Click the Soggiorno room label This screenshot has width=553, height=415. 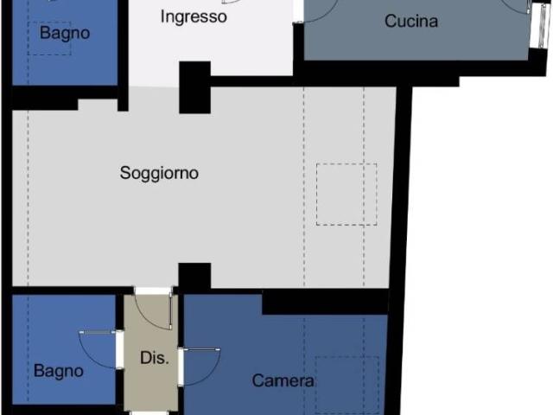pyautogui.click(x=159, y=173)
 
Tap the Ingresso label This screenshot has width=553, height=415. pyautogui.click(x=194, y=16)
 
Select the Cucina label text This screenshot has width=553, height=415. pyautogui.click(x=411, y=21)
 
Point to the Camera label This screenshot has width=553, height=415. pyautogui.click(x=283, y=380)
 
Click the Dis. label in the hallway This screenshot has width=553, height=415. pyautogui.click(x=155, y=358)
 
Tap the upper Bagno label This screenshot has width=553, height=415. pyautogui.click(x=65, y=34)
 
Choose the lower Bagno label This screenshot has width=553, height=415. pyautogui.click(x=59, y=371)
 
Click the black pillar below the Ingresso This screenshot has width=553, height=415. pyautogui.click(x=195, y=87)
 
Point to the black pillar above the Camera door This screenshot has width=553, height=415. pyautogui.click(x=194, y=276)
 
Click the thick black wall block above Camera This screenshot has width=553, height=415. pyautogui.click(x=325, y=302)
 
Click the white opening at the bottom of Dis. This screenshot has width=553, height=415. pyautogui.click(x=149, y=413)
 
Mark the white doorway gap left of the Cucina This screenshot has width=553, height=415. pyautogui.click(x=298, y=10)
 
